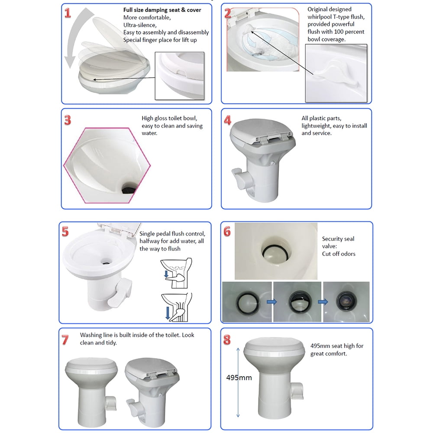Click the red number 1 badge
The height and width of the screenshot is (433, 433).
pyautogui.click(x=68, y=13)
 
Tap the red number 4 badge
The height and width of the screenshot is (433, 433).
pyautogui.click(x=228, y=120)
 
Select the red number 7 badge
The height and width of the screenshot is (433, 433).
pyautogui.click(x=65, y=340)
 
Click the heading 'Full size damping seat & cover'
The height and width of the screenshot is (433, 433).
pyautogui.click(x=162, y=10)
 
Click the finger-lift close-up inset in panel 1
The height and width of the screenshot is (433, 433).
pyautogui.click(x=180, y=76)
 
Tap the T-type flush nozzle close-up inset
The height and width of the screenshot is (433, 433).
pyautogui.click(x=336, y=73)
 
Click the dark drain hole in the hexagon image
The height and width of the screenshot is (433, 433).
pyautogui.click(x=129, y=189)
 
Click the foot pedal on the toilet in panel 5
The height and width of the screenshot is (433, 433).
pyautogui.click(x=120, y=293)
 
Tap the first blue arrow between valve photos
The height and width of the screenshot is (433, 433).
pyautogui.click(x=272, y=302)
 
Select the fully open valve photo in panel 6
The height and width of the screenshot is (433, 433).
pyautogui.click(x=346, y=302)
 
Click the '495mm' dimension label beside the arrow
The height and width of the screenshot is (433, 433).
pyautogui.click(x=239, y=378)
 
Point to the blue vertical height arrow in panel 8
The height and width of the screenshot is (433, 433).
pyautogui.click(x=238, y=382)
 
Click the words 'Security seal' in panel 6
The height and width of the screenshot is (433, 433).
pyautogui.click(x=338, y=239)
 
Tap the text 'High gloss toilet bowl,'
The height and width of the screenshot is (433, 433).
pyautogui.click(x=169, y=118)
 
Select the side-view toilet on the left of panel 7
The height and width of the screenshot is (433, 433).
pyautogui.click(x=91, y=392)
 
